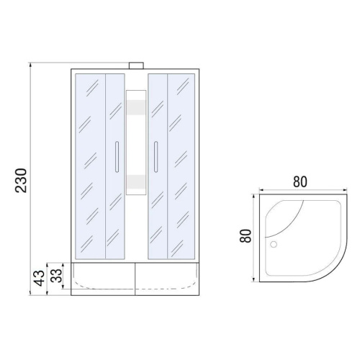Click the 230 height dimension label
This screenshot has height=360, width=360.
click(x=21, y=180)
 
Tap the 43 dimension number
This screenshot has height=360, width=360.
click(x=39, y=278)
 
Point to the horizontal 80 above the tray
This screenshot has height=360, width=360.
click(x=300, y=181)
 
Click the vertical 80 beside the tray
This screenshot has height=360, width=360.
click(x=246, y=236)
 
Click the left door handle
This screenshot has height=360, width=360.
click(x=117, y=157)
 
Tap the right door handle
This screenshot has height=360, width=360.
click(x=156, y=157)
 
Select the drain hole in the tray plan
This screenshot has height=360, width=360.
click(x=274, y=244)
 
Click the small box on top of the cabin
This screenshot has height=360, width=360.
click(x=136, y=66)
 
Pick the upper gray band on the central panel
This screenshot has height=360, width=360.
click(x=136, y=107)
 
